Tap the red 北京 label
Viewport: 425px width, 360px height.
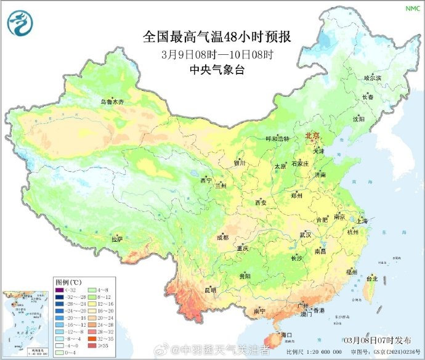[313, 136]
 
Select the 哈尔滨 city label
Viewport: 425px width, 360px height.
[373, 78]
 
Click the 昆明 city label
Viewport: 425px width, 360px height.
[211, 290]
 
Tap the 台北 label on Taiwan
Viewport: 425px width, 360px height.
[371, 279]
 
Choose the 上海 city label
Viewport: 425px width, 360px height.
[362, 221]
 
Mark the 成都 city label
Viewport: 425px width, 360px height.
[222, 237]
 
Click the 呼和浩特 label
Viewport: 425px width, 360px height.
[277, 139]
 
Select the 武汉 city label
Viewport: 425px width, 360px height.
[306, 235]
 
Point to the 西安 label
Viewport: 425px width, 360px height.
[260, 203]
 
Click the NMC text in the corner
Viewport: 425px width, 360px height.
[411, 8]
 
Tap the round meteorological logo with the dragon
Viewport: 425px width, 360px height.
[20, 23]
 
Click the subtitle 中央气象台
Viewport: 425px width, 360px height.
[217, 70]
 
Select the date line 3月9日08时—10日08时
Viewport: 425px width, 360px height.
[217, 54]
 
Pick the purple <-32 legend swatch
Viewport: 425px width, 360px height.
[60, 290]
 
